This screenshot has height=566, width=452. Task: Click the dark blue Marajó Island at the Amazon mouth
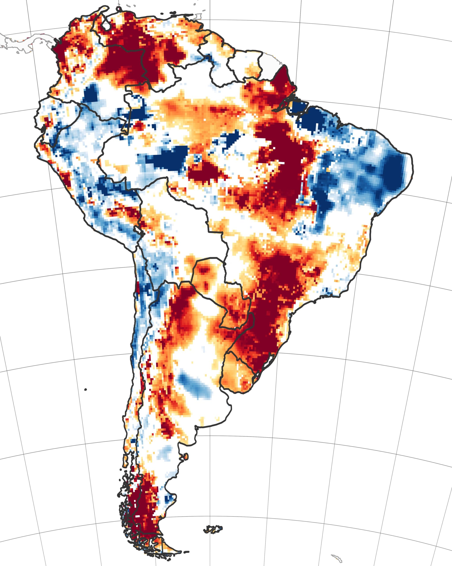(x=299, y=108)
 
